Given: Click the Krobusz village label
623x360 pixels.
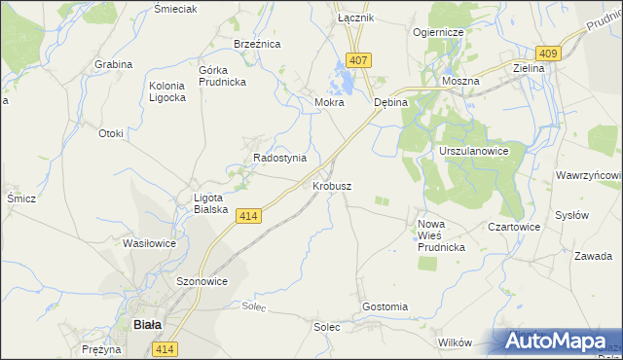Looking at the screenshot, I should click(x=332, y=185).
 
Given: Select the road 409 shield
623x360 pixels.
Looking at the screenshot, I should click(x=547, y=54).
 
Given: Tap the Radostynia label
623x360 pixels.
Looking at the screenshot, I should click(x=279, y=158).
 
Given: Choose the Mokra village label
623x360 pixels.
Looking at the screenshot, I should click(x=329, y=102).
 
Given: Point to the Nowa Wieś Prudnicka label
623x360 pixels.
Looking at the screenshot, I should click(x=441, y=235).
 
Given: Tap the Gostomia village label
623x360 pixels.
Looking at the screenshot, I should click(x=385, y=306).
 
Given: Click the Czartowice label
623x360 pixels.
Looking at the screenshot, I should click(x=514, y=227).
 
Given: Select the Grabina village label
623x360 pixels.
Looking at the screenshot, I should click(x=113, y=64).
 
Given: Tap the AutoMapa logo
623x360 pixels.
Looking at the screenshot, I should click(x=561, y=342).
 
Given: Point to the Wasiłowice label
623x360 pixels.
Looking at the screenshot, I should click(x=149, y=243).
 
